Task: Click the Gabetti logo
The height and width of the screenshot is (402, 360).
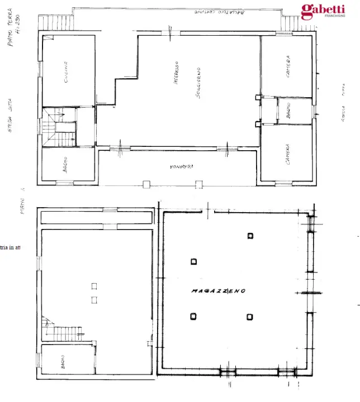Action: pos(325,9)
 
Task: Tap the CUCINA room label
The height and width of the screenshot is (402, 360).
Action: pos(66,71)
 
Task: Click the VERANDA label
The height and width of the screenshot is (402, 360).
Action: pos(178,166)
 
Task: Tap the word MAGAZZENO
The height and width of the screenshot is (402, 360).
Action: pos(217,291)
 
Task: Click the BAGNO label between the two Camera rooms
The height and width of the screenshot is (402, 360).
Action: pos(287,111)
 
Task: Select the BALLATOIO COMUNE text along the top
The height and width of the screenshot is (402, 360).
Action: pos(219,12)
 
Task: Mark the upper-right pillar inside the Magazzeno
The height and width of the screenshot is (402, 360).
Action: pos(250,235)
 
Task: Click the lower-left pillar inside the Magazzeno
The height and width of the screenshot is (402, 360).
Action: pos(193,317)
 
